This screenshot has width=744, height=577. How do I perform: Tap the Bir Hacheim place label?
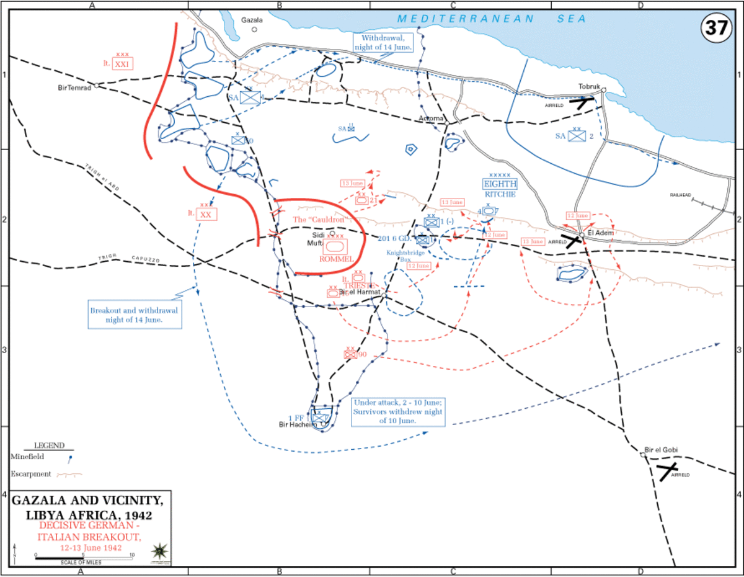(294, 424)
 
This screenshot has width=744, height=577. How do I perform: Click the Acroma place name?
(431, 118)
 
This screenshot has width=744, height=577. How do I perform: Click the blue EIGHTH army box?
(500, 184)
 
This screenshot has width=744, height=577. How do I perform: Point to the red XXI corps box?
(123, 65)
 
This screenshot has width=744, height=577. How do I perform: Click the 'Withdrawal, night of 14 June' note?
(383, 42)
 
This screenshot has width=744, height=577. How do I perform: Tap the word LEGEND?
(48, 446)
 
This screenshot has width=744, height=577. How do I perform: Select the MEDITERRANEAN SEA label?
(492, 19)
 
